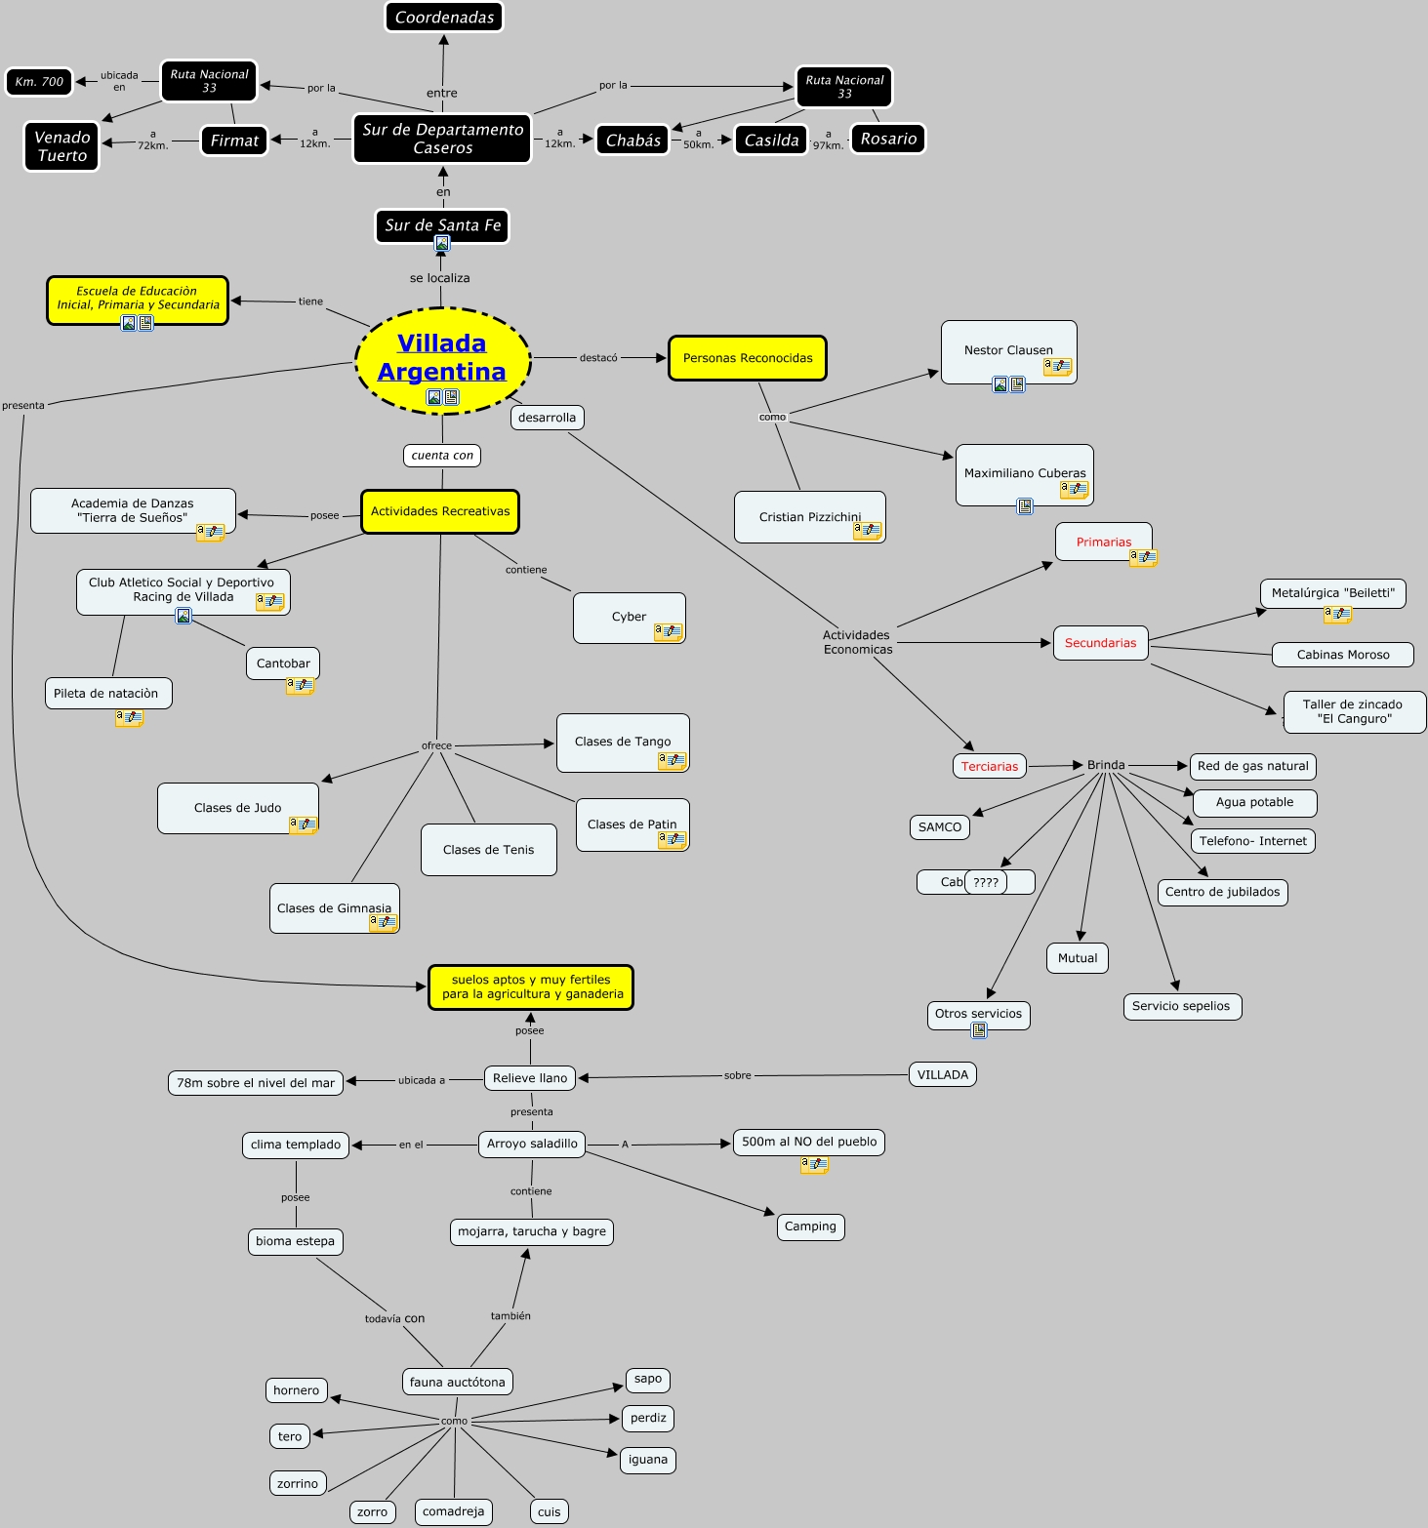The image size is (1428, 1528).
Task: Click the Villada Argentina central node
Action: click(442, 358)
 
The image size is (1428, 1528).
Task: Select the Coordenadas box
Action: click(444, 17)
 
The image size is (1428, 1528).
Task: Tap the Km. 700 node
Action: click(39, 82)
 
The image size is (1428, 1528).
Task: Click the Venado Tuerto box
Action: click(61, 146)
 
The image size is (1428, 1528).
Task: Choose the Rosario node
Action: click(888, 139)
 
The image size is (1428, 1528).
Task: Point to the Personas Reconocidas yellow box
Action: click(748, 358)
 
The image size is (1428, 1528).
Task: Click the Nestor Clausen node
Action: click(1008, 350)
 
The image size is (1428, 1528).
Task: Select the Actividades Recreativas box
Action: click(440, 511)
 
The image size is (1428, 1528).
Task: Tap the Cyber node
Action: click(629, 617)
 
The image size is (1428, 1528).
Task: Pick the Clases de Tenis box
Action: click(488, 850)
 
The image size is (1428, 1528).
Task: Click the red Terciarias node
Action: click(990, 766)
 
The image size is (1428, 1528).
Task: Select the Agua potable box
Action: click(1254, 802)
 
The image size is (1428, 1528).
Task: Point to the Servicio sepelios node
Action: click(1181, 1006)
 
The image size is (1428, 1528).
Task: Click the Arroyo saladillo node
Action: click(532, 1144)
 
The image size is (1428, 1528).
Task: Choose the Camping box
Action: click(810, 1226)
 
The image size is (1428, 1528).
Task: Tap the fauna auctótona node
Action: click(457, 1382)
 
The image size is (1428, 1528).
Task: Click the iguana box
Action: click(648, 1460)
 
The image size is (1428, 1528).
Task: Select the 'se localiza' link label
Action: click(440, 278)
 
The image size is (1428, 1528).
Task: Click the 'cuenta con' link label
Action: click(442, 455)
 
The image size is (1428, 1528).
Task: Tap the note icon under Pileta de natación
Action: click(129, 718)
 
